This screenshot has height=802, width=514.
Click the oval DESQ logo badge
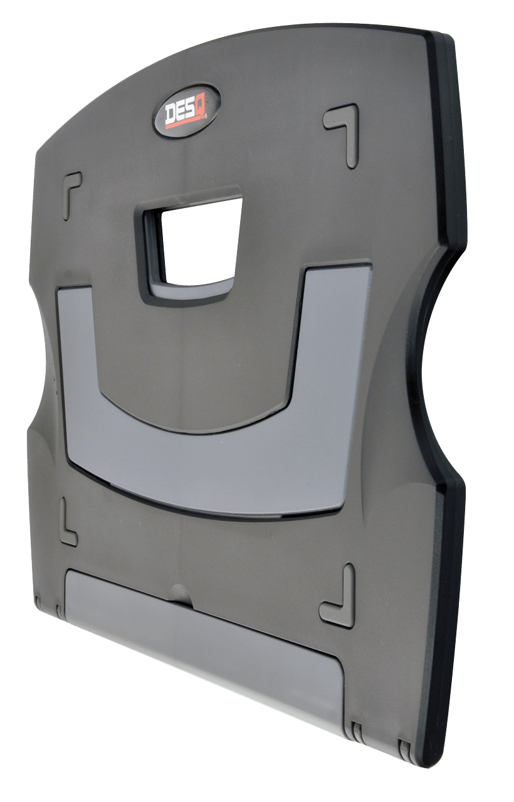(x=187, y=111)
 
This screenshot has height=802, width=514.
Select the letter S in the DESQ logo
(x=194, y=109)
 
